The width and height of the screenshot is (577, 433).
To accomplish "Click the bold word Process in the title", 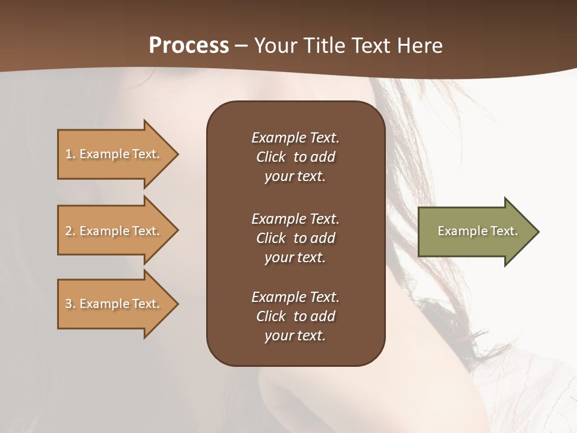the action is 189,46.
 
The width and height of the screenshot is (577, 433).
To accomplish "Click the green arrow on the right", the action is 475,232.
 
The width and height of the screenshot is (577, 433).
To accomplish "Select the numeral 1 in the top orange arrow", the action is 69,154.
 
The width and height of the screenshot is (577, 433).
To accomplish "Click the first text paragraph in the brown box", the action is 295,157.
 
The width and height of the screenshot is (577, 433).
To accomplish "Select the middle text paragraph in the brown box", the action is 295,238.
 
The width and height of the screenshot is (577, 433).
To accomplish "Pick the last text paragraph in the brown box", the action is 295,316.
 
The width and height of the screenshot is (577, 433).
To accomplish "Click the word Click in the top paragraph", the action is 270,157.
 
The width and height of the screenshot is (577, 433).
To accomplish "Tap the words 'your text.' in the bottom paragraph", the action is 295,336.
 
